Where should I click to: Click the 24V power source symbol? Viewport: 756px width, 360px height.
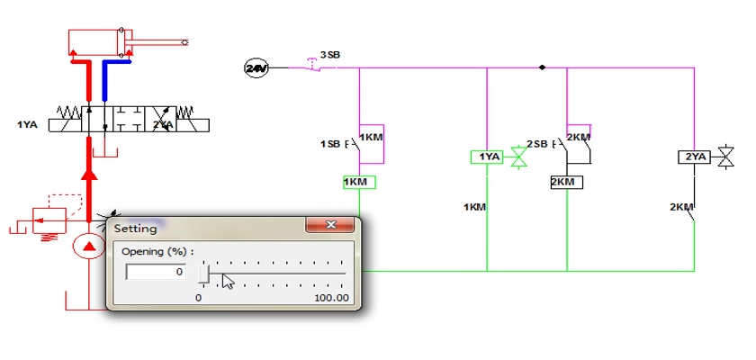[256, 68]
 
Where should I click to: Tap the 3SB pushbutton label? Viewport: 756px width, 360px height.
[330, 55]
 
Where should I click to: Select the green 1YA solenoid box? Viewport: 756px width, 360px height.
[487, 157]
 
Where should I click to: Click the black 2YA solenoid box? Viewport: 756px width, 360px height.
[694, 157]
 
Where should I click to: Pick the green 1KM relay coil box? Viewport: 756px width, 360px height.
[359, 182]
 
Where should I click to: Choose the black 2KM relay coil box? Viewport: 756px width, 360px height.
[566, 182]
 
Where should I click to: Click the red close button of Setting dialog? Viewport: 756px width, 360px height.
[331, 225]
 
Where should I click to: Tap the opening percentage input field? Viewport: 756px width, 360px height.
[156, 272]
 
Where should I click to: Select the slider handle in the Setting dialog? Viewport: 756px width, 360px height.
[203, 274]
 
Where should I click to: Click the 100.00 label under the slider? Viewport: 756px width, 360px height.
[331, 298]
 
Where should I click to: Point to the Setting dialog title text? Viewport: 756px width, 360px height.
[136, 229]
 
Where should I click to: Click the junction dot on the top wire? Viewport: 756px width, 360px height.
[542, 67]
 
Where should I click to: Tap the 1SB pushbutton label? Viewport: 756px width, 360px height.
[330, 144]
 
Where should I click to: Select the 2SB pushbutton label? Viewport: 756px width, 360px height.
[536, 144]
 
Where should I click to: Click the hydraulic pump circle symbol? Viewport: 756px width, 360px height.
[89, 247]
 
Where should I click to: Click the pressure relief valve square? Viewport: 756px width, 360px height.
[49, 220]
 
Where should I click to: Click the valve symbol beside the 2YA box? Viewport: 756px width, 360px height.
[725, 157]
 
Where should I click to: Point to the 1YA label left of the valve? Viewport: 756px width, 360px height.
[27, 125]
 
